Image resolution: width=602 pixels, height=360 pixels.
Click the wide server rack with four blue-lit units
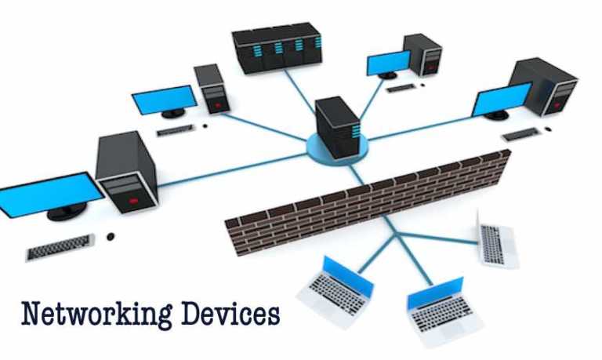point(277,48)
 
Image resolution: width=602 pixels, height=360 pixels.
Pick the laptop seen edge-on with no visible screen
point(497,239)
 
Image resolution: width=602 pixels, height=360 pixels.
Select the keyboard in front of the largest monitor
point(60,247)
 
